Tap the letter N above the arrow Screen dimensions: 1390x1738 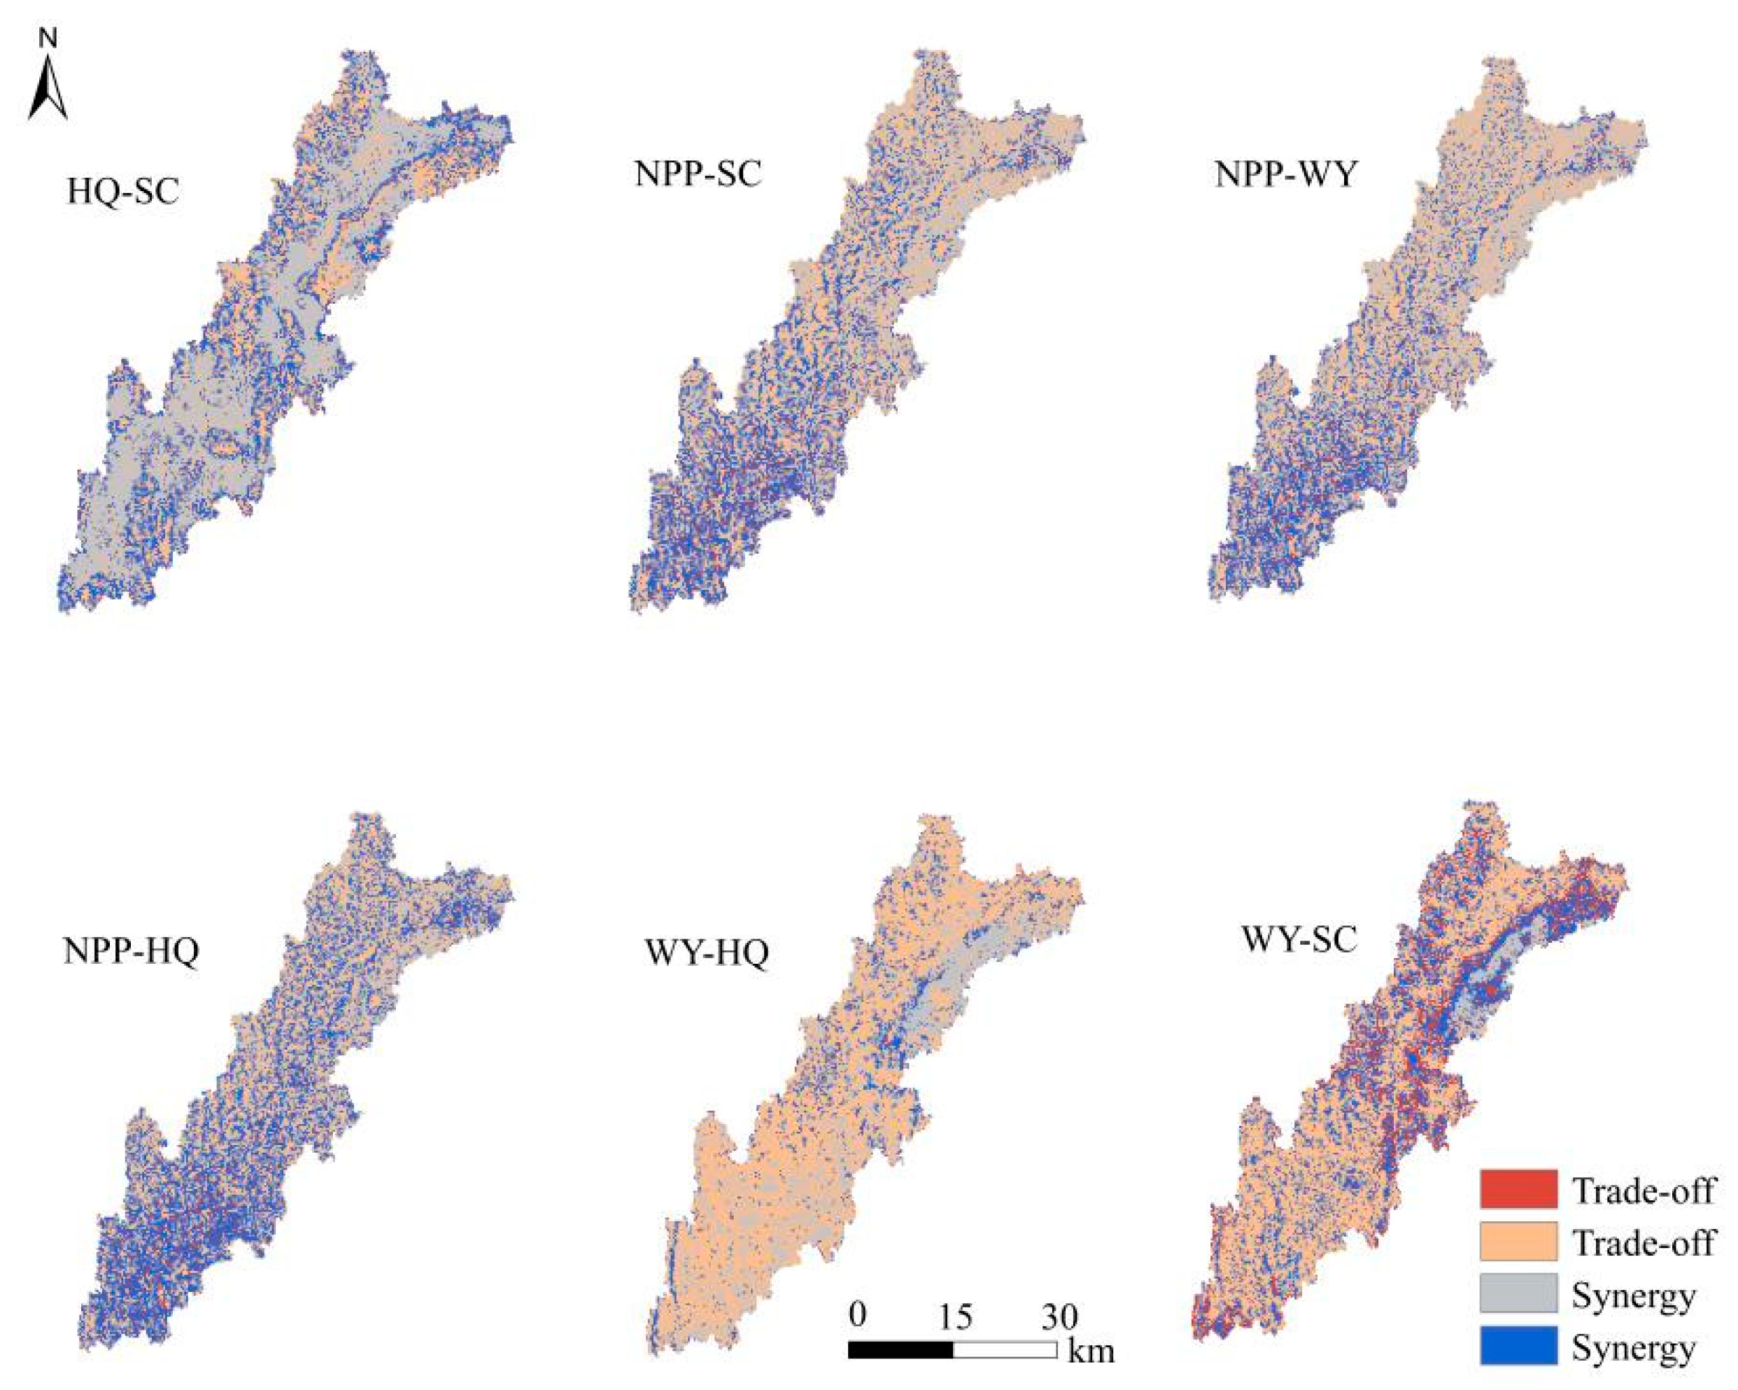click(x=48, y=37)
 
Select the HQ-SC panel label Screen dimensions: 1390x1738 click(x=122, y=192)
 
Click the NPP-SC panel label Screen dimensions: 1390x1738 click(x=698, y=174)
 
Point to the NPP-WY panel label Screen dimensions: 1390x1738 click(x=1286, y=174)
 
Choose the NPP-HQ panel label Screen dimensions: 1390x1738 click(x=131, y=951)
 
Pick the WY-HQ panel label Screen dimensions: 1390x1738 click(x=707, y=954)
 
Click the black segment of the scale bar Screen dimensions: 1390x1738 click(x=900, y=1349)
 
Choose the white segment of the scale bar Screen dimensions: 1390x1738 click(x=1005, y=1349)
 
